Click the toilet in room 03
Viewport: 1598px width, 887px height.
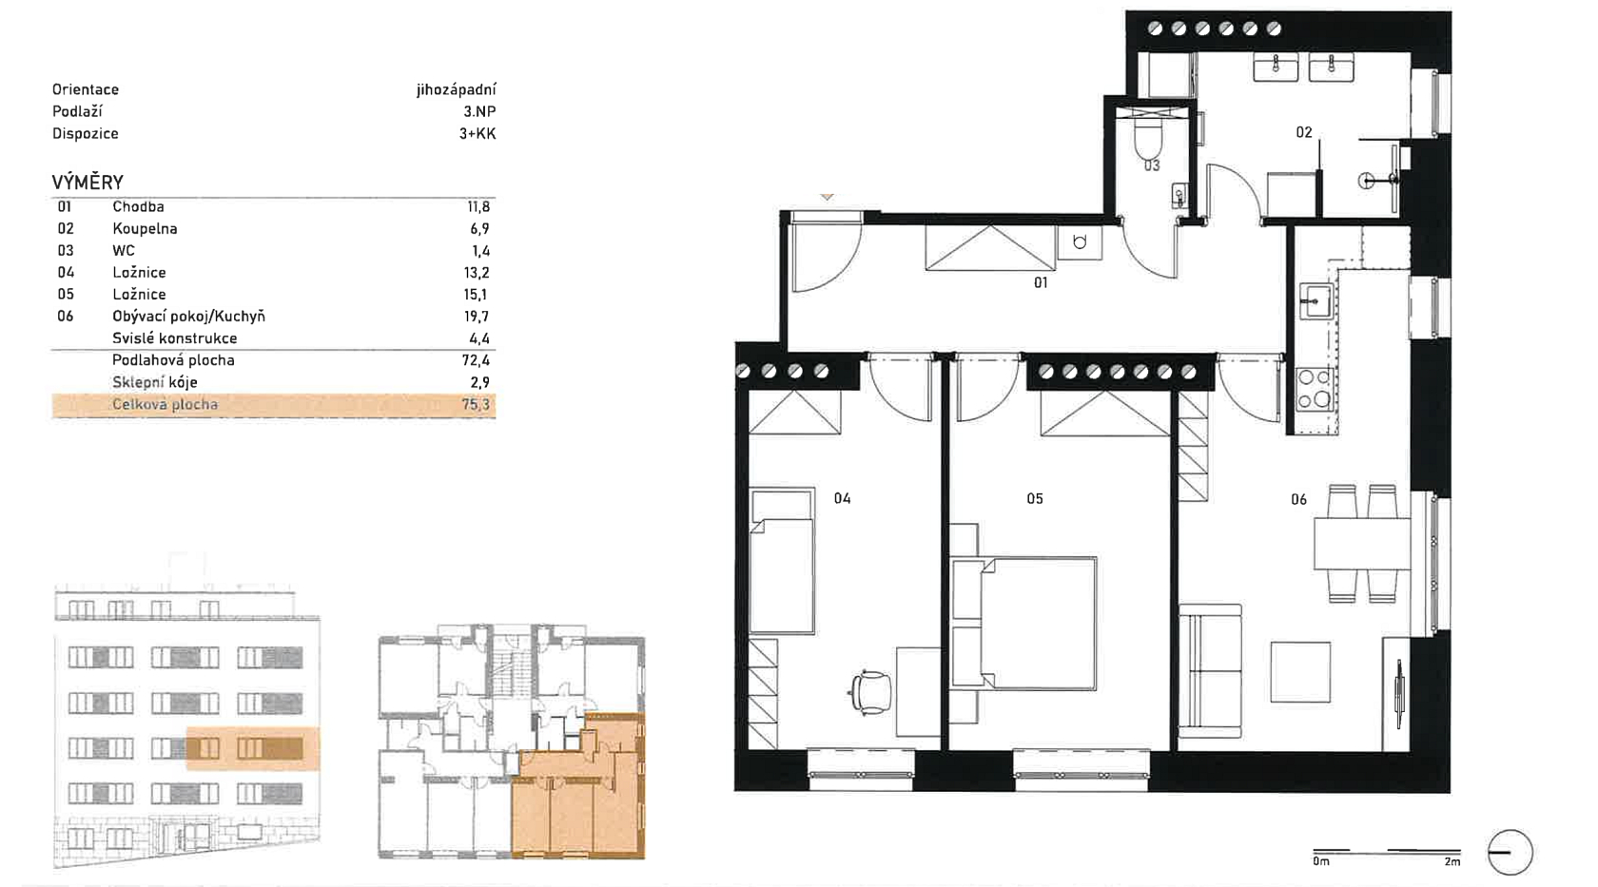[x=1149, y=143]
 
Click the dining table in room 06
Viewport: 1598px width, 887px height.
[x=1362, y=544]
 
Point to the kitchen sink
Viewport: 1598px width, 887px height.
[x=1315, y=300]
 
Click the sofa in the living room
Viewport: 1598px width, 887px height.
[x=1210, y=671]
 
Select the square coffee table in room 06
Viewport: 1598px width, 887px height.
[x=1300, y=672]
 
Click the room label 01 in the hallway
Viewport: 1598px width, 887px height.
[x=1041, y=283]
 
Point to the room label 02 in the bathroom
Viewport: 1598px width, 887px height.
[x=1303, y=133]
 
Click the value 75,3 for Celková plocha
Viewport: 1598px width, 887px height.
[x=476, y=405]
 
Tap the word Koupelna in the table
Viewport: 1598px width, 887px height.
[x=145, y=229]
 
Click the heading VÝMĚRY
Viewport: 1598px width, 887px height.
[x=88, y=183]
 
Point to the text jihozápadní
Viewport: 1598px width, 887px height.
[x=456, y=89]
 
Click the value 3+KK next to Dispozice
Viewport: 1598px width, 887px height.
[x=477, y=133]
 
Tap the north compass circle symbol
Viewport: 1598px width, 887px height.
[x=1510, y=852]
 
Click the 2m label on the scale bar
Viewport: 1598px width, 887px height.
[x=1452, y=861]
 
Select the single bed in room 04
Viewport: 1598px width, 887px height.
[x=782, y=561]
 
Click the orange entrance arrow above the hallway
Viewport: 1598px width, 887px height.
[x=827, y=196]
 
